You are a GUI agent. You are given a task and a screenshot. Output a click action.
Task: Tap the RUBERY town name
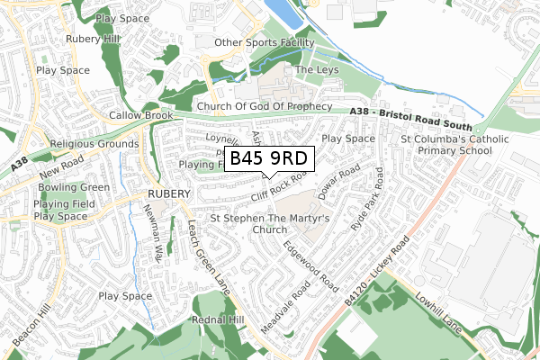coord(168,193)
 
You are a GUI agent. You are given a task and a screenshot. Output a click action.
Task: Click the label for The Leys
coord(316,69)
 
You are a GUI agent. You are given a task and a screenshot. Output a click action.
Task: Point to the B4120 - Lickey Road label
coord(377,269)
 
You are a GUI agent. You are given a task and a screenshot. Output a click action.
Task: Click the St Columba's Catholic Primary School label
coord(454,145)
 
